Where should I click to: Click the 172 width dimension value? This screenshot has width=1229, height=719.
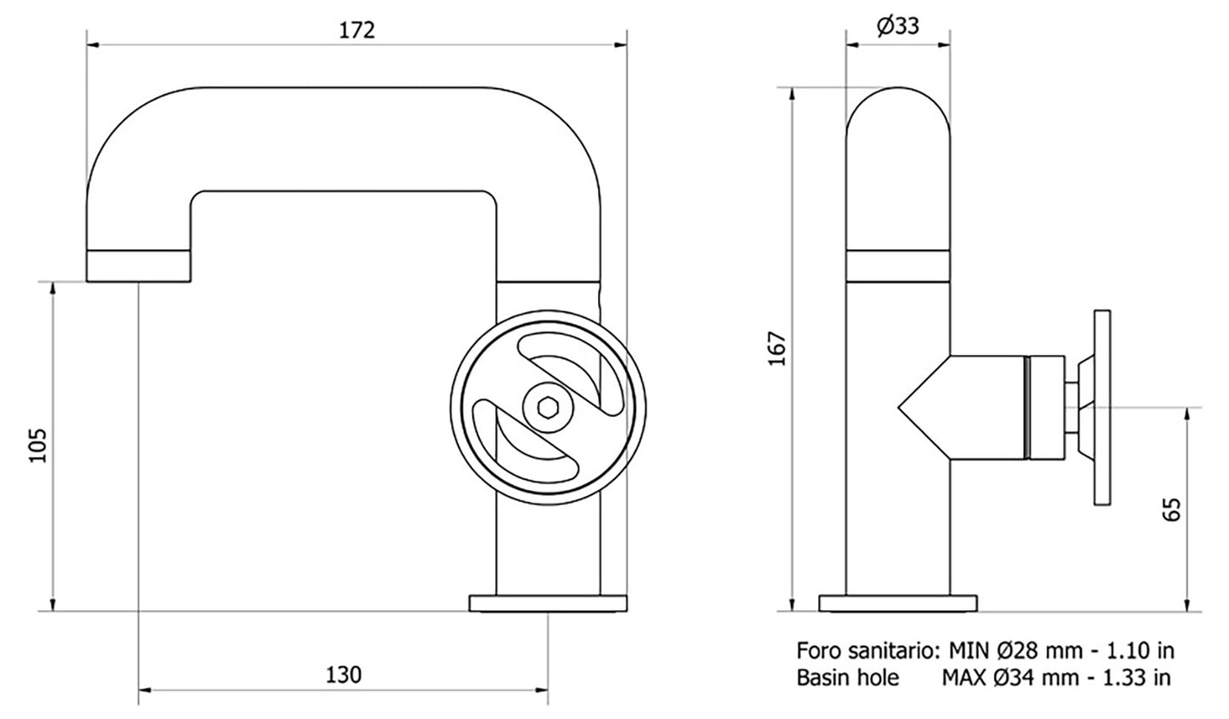(x=357, y=30)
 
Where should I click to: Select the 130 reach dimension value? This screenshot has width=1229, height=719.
(x=344, y=675)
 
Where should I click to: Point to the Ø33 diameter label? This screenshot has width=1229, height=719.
(x=898, y=26)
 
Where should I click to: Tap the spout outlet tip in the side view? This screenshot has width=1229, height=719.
(x=138, y=266)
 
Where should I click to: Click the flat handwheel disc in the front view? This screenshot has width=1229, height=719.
(x=1104, y=408)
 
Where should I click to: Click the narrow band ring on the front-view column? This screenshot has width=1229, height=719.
(x=898, y=266)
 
